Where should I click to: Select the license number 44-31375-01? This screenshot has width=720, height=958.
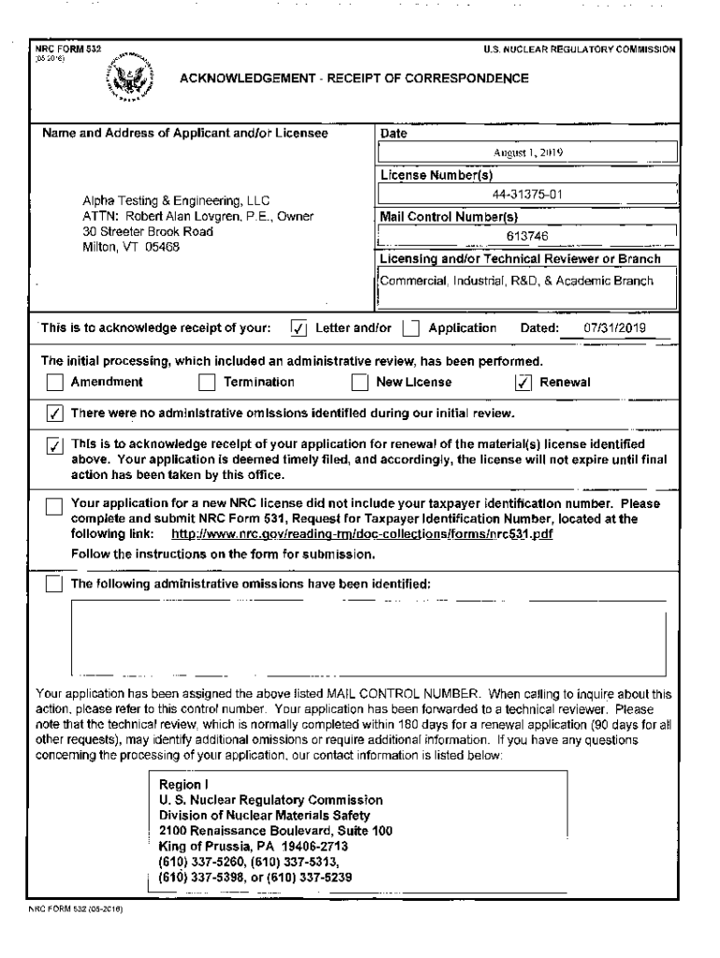[526, 196]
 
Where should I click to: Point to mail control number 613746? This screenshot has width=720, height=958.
[526, 237]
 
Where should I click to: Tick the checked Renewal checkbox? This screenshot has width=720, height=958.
[525, 382]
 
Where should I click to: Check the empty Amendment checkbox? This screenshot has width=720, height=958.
[55, 382]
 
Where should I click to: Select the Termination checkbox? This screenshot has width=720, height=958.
[207, 382]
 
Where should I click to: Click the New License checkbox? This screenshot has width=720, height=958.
[359, 382]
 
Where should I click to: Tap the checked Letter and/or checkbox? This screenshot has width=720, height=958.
[298, 328]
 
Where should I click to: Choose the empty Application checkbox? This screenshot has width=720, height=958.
[410, 328]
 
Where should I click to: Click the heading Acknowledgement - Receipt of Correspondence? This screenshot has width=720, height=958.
[353, 79]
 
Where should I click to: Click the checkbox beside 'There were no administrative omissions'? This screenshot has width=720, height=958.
[55, 414]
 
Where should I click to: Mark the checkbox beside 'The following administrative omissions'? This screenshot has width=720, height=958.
[55, 585]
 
